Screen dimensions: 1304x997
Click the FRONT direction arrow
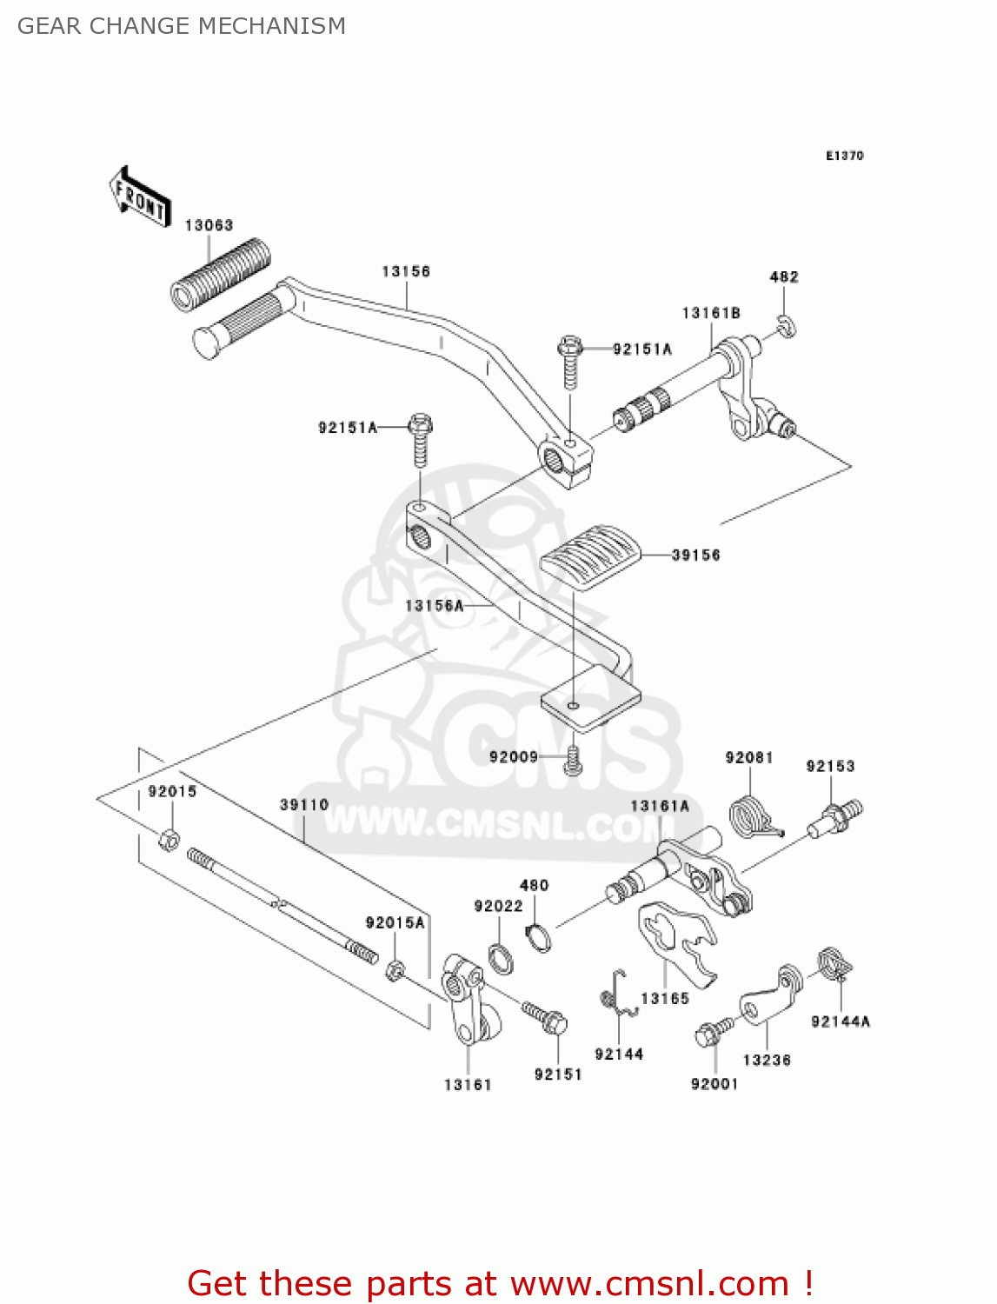(x=139, y=197)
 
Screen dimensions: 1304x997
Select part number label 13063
(x=209, y=225)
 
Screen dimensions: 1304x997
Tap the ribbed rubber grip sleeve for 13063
(x=220, y=273)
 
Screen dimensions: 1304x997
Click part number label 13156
(x=406, y=271)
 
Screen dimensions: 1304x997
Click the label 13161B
(x=711, y=313)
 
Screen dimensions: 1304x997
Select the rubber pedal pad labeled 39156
(x=591, y=556)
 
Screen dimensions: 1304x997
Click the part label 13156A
(x=435, y=605)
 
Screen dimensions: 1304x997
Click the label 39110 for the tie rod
(x=304, y=804)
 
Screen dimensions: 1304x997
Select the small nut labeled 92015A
(x=394, y=969)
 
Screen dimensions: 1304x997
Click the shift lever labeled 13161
(x=467, y=1000)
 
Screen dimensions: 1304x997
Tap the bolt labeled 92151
(x=545, y=1017)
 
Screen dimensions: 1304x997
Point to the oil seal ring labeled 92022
(x=501, y=959)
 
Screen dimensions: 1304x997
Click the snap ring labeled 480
(x=539, y=938)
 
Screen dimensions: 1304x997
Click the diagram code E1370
(x=844, y=156)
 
